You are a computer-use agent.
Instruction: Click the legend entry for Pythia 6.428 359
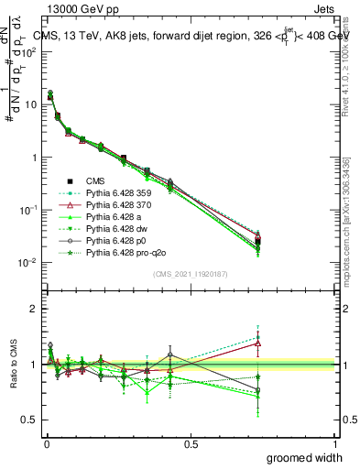click(x=117, y=193)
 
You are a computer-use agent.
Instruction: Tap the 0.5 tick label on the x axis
click(x=191, y=443)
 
